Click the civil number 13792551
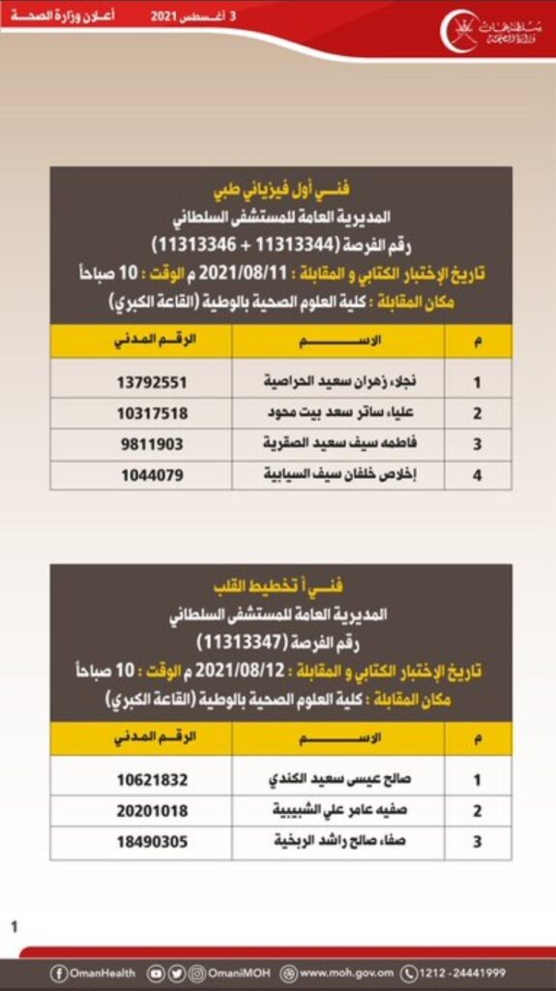152,382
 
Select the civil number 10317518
152,413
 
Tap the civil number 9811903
152,444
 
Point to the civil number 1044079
152,475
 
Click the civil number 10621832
152,780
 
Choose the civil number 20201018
152,811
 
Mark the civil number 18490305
152,842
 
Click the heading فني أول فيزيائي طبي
280,188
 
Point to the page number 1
15,927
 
